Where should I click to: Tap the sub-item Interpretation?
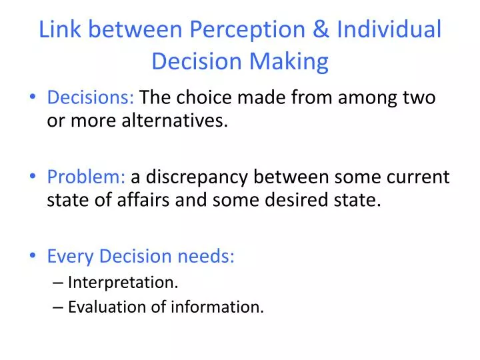coord(123,282)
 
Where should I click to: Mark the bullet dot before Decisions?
coord(35,99)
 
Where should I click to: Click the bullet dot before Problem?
coord(35,177)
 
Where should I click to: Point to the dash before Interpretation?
coord(58,282)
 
